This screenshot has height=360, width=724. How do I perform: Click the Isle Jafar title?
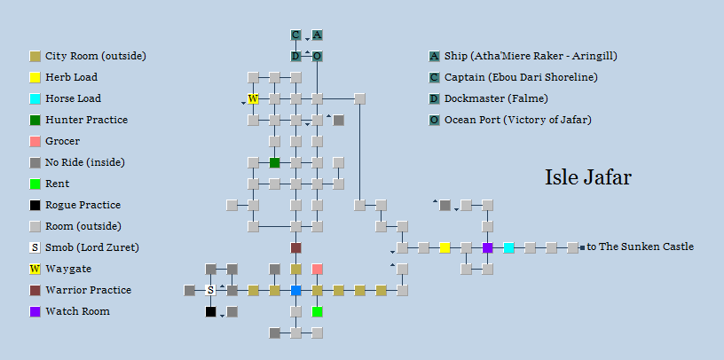pos(587,177)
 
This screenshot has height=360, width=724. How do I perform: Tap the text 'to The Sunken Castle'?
pos(640,247)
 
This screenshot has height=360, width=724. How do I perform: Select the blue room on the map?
pos(296,290)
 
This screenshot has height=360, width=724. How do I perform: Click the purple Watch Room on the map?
pos(488,248)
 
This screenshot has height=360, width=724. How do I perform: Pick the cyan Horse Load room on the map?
pos(508,248)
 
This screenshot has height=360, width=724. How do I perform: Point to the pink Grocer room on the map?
pos(318,269)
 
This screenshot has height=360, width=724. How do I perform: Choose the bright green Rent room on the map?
pos(318,311)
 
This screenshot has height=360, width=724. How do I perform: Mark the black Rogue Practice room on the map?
pos(210,311)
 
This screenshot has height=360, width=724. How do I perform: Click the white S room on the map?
pos(210,290)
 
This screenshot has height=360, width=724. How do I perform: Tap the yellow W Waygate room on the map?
pos(253,98)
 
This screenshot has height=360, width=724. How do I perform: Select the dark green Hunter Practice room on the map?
pos(275,162)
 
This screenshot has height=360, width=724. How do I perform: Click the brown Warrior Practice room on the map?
pos(296,248)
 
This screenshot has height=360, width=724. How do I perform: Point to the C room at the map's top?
pos(295,35)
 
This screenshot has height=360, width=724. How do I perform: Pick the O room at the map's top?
pos(318,57)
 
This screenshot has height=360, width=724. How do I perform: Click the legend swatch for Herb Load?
pos(35,77)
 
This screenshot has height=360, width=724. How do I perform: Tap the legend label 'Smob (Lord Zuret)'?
pos(92,248)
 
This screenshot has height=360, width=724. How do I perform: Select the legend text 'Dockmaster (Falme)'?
pos(496,98)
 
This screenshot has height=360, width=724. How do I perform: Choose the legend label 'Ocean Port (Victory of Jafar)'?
pos(518,120)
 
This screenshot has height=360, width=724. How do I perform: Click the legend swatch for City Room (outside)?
pos(35,57)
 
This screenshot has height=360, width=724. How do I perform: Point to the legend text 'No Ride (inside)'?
pos(85,162)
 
